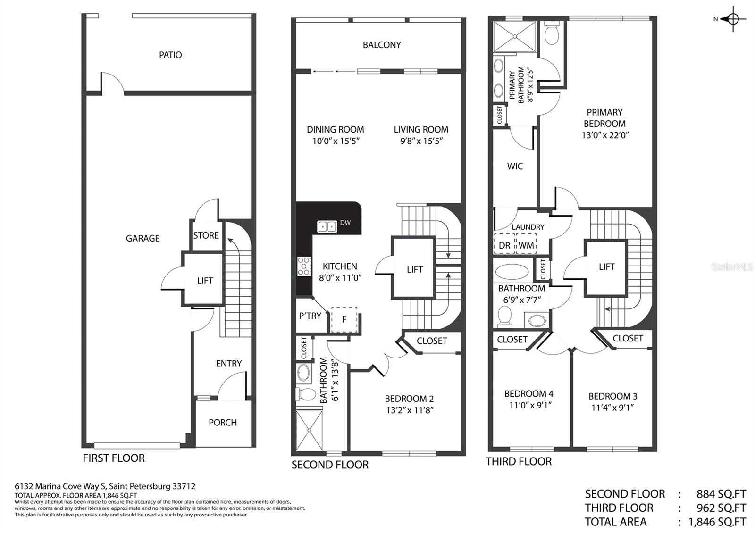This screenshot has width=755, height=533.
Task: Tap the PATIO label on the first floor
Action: coord(170,55)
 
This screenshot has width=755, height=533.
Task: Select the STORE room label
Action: coord(206,235)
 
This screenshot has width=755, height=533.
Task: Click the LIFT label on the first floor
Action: coord(205,281)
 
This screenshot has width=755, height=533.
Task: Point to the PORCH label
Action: coord(222,423)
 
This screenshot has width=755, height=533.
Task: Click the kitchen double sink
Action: coord(327,226)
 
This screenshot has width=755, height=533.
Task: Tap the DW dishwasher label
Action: coord(345,223)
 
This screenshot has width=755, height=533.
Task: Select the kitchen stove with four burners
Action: coord(304,266)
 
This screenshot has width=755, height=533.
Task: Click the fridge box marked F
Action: coord(344,319)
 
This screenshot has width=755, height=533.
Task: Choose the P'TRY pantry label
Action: coord(310,316)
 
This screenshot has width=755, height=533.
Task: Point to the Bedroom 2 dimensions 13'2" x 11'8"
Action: coord(410,410)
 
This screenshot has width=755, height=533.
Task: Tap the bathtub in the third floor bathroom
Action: coord(512,271)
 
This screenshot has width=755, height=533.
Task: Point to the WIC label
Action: coord(515,166)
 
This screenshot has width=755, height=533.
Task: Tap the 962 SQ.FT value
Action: coord(721,508)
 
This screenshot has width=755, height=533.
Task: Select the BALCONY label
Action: coord(382,45)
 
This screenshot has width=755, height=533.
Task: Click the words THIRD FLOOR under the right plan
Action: coord(519,461)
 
